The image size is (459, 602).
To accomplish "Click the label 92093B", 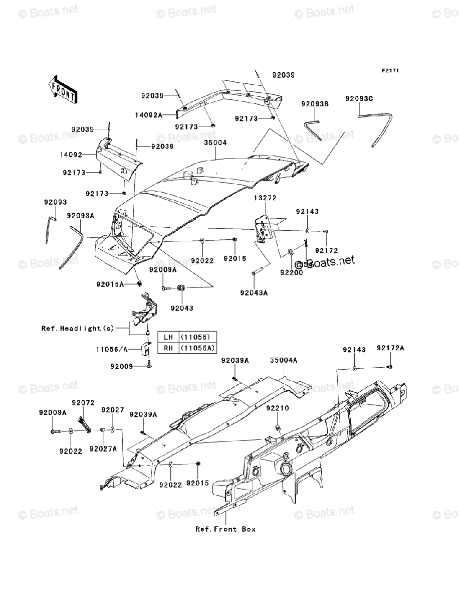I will [315, 104].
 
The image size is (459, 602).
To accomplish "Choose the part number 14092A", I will [148, 115].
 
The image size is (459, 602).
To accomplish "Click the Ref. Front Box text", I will [225, 529].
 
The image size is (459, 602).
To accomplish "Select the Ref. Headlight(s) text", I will [78, 329].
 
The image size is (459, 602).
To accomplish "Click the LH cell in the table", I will [167, 337].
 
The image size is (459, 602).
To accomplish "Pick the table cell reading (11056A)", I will [197, 347].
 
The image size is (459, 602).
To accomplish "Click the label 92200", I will [291, 273].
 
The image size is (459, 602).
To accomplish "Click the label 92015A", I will [110, 284].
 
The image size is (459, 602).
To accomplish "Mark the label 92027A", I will [103, 448].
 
